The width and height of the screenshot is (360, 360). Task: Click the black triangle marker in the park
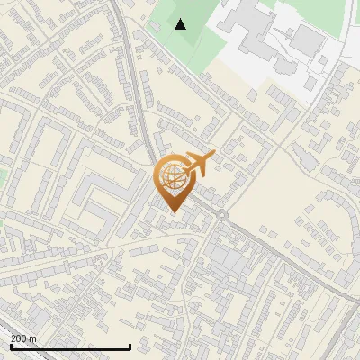pyautogui.click(x=181, y=24)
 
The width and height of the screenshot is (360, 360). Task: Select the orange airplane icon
pyautogui.click(x=199, y=164)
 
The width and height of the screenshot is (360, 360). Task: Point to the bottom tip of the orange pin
pyautogui.click(x=172, y=211)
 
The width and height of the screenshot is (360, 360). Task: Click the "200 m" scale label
pyautogui.click(x=23, y=338)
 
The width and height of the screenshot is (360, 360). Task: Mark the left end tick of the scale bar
pyautogui.click(x=10, y=346)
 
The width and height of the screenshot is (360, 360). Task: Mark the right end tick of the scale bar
pyautogui.click(x=130, y=346)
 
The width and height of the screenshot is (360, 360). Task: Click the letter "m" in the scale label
pyautogui.click(x=33, y=338)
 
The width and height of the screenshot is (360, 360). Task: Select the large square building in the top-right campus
pyautogui.click(x=309, y=40)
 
